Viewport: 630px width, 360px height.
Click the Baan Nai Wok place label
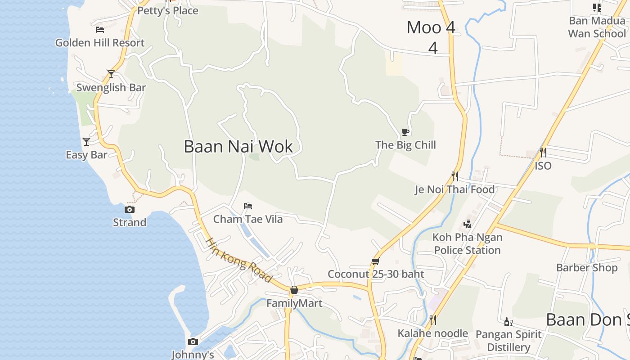click(238, 147)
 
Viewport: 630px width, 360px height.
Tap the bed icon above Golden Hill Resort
click(100, 30)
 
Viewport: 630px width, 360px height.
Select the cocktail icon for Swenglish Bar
click(111, 74)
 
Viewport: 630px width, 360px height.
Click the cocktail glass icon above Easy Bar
click(86, 142)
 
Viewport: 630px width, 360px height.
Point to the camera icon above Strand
click(130, 209)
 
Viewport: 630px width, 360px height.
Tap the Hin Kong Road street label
click(239, 260)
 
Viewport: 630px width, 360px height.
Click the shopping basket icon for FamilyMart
click(294, 290)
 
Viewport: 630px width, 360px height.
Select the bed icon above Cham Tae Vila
click(248, 206)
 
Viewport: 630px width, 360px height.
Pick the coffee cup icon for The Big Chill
click(405, 132)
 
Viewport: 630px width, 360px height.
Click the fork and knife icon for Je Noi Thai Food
click(455, 176)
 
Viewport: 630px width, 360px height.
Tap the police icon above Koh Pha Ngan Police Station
click(467, 224)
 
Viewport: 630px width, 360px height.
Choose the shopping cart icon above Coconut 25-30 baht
click(376, 261)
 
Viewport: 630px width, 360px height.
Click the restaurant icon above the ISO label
click(543, 153)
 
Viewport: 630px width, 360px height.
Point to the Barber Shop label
click(587, 268)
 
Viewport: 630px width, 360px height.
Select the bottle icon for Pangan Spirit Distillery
click(508, 322)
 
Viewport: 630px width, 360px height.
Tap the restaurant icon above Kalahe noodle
click(432, 320)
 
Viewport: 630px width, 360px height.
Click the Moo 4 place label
click(431, 27)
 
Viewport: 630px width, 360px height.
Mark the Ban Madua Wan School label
click(597, 27)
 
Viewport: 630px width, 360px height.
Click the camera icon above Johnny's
click(193, 342)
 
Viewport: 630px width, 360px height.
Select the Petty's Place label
click(168, 11)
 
